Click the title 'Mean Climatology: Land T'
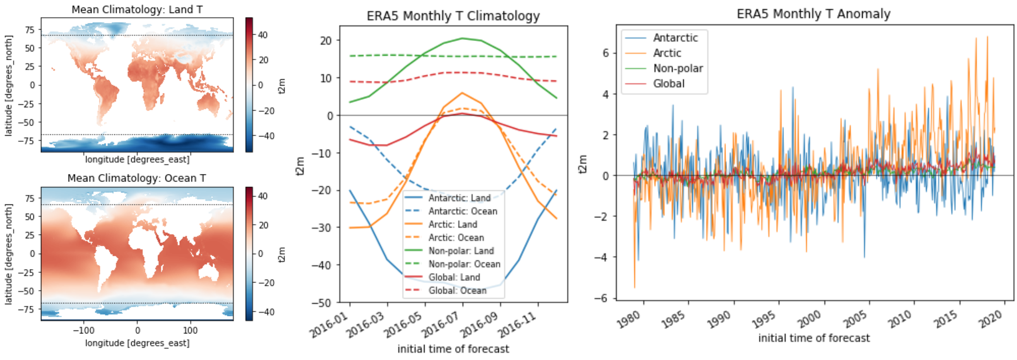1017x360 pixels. [137, 9]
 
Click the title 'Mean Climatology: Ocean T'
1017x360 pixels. [137, 178]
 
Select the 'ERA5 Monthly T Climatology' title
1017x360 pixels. [453, 16]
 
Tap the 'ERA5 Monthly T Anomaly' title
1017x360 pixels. [814, 14]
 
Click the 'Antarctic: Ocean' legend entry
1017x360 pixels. [463, 211]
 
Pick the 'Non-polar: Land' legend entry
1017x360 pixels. [461, 251]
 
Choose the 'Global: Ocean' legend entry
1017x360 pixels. [457, 290]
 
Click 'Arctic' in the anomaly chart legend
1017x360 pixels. [667, 53]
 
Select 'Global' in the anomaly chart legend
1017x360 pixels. [669, 84]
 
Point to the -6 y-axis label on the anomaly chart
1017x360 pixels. [601, 298]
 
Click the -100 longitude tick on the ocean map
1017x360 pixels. [83, 330]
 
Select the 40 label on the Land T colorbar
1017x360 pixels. [263, 35]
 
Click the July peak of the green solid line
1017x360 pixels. [462, 39]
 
